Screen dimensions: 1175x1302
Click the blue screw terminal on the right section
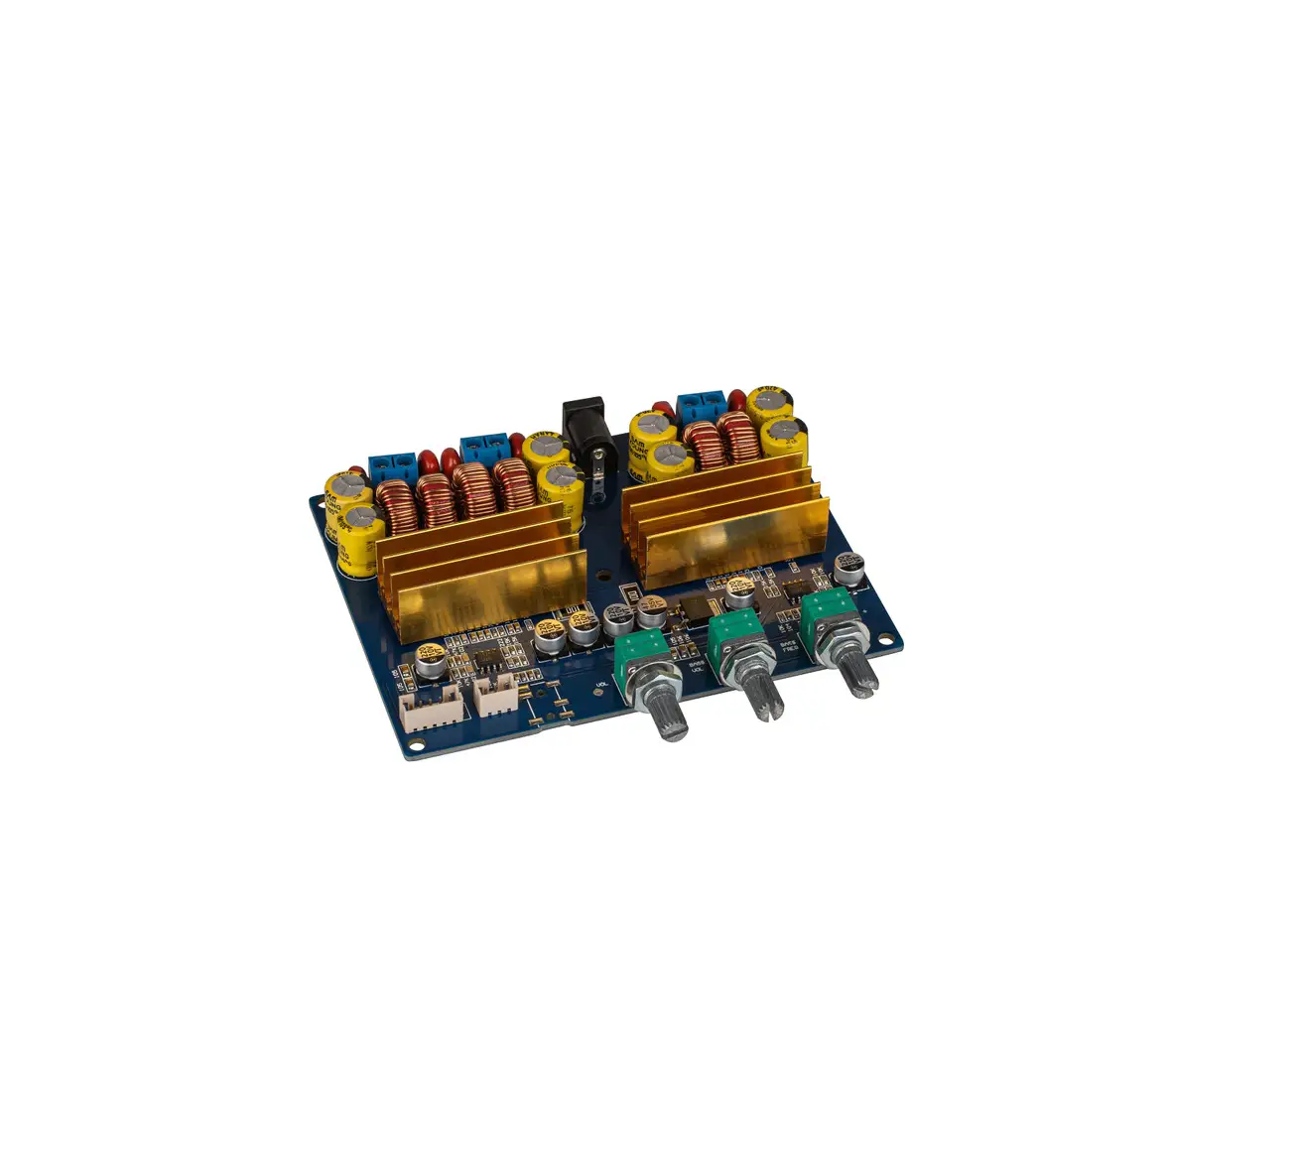click(x=702, y=405)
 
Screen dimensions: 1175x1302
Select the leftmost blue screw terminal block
click(x=393, y=467)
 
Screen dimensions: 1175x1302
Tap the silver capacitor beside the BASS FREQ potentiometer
click(x=847, y=569)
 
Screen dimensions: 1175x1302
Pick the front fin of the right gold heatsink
click(x=729, y=545)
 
